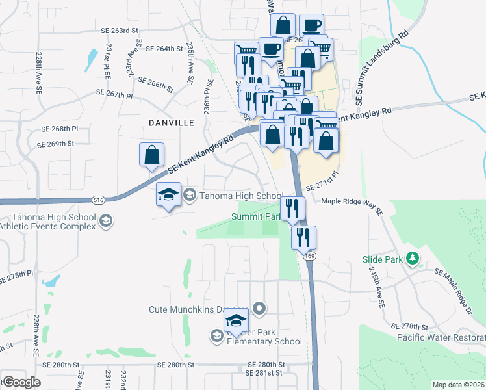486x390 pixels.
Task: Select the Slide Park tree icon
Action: pyautogui.click(x=411, y=259)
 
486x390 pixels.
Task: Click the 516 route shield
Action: pyautogui.click(x=98, y=200)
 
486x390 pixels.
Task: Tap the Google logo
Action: pyautogui.click(x=22, y=382)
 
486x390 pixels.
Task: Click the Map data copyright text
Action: pyautogui.click(x=458, y=385)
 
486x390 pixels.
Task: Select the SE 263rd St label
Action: pyautogui.click(x=120, y=31)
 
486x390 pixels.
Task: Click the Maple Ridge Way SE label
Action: pyautogui.click(x=352, y=201)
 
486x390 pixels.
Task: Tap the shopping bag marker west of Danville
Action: pyautogui.click(x=151, y=156)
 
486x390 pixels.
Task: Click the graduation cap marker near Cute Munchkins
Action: pyautogui.click(x=236, y=320)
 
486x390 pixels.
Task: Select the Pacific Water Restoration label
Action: pyautogui.click(x=441, y=337)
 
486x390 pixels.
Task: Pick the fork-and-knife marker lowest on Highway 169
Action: pyautogui.click(x=303, y=239)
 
